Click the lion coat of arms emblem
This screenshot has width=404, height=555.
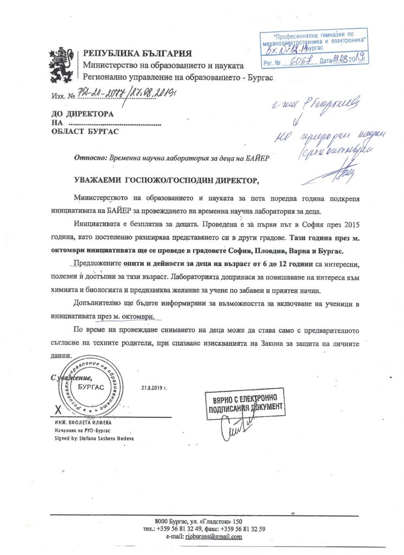coord(64,63)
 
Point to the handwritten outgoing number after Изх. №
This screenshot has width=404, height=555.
coord(118,95)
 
